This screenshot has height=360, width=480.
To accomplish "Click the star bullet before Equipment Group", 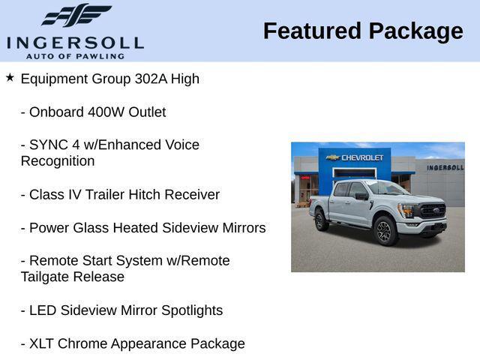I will pos(10,77).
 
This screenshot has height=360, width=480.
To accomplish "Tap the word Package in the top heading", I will pos(416,31).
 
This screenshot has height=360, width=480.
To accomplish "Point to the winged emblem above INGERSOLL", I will pos(76,15).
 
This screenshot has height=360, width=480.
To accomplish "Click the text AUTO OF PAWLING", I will pos(75,55).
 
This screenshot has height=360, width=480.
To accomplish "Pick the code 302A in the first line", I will pos(148,79).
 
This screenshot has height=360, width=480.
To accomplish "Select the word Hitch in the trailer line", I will pos(144,194).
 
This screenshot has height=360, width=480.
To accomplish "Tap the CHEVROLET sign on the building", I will pos(358,157).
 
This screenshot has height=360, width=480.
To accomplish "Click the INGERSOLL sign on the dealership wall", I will pos(445,167).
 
